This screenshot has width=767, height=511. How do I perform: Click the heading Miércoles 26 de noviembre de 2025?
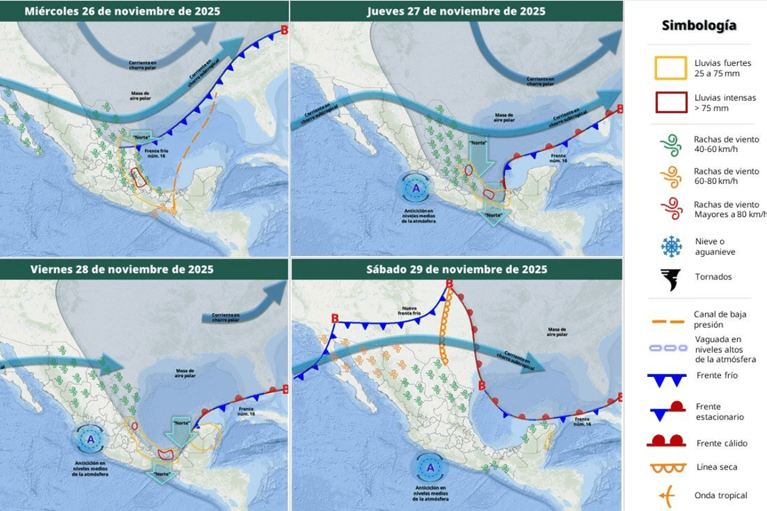122,11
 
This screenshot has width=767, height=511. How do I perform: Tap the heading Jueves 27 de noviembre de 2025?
456,11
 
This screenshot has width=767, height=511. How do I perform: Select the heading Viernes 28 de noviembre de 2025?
122,270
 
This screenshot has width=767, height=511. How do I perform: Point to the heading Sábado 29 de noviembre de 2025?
457,270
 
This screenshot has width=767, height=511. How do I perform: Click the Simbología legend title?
699,26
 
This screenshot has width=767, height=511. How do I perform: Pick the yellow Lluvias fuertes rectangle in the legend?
670,68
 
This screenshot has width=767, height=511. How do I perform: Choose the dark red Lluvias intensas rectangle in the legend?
670,103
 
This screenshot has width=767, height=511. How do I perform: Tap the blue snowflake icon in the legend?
670,246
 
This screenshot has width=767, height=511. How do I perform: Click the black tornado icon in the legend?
670,280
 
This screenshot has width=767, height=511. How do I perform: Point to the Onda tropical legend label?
720,495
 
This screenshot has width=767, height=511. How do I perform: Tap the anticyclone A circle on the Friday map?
90,439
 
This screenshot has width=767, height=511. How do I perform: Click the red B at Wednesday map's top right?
285,30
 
